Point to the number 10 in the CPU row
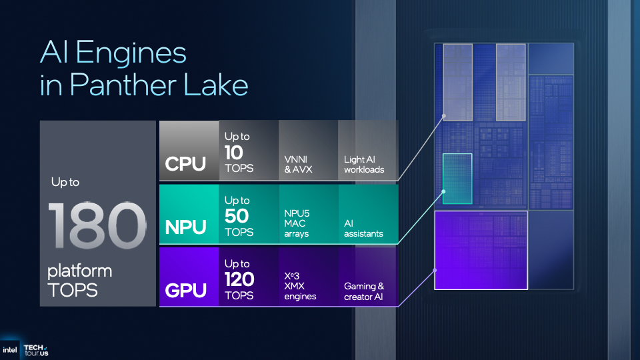[235, 153]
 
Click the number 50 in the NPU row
[237, 216]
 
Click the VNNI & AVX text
[299, 164]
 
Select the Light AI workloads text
[364, 164]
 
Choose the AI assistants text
[363, 228]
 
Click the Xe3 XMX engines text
[300, 286]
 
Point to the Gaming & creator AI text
[364, 291]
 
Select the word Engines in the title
[137, 51]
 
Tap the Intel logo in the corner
[10, 349]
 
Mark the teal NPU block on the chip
[457, 178]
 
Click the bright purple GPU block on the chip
[481, 250]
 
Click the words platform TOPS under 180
[79, 281]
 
